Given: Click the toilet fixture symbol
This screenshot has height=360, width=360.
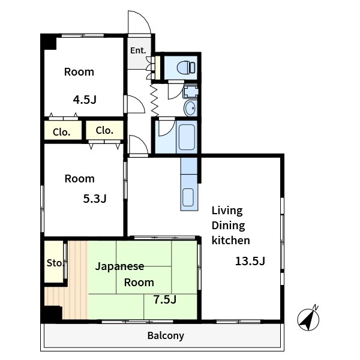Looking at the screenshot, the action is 186,67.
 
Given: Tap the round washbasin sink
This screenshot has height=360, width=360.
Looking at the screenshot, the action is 190,108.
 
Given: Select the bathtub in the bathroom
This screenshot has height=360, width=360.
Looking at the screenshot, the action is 187,137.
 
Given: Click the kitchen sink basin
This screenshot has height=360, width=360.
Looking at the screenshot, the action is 188,197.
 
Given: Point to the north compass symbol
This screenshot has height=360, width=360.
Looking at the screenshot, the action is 308,318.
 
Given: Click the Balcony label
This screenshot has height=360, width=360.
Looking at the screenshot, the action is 166,335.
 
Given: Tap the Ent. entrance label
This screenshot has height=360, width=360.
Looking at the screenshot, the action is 138,50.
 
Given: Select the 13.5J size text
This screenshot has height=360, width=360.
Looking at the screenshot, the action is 250,261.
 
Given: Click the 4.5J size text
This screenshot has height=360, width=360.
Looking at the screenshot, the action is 85,100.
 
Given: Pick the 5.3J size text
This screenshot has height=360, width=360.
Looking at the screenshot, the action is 95,199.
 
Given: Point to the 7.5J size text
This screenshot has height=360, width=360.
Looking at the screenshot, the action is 165,299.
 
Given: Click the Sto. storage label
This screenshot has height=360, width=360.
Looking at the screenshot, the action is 55,263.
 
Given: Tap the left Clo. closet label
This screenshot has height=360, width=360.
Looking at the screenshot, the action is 61,132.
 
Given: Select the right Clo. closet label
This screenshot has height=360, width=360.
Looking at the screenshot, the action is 104,130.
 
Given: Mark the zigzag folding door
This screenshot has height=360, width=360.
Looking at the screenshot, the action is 155,100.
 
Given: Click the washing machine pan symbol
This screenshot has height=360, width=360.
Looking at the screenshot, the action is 190,91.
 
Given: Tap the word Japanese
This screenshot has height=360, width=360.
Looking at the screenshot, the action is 119,266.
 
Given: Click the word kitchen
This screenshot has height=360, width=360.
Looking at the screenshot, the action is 231,240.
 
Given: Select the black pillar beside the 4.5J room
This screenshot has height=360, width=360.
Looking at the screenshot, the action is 49,43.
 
